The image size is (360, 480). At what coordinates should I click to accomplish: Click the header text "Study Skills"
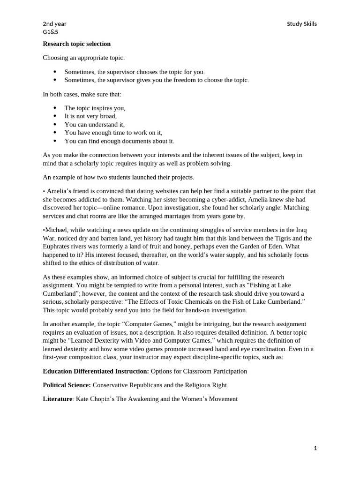pos(301,24)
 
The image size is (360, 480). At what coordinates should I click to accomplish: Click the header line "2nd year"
pos(54,24)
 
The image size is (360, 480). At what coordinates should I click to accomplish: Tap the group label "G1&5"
pos(51,32)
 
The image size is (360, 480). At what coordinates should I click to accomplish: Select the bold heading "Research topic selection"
pos(77,44)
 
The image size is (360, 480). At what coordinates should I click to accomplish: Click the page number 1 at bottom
pos(315,448)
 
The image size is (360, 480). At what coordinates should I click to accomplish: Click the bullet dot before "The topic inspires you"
pos(55,108)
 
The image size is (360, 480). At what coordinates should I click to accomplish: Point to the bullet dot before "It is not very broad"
pos(55,116)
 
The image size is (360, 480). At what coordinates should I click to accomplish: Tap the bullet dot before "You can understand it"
pos(55,124)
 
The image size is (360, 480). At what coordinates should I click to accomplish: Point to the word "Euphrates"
pos(57,247)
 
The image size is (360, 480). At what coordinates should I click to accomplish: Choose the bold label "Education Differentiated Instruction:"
pos(96,371)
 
